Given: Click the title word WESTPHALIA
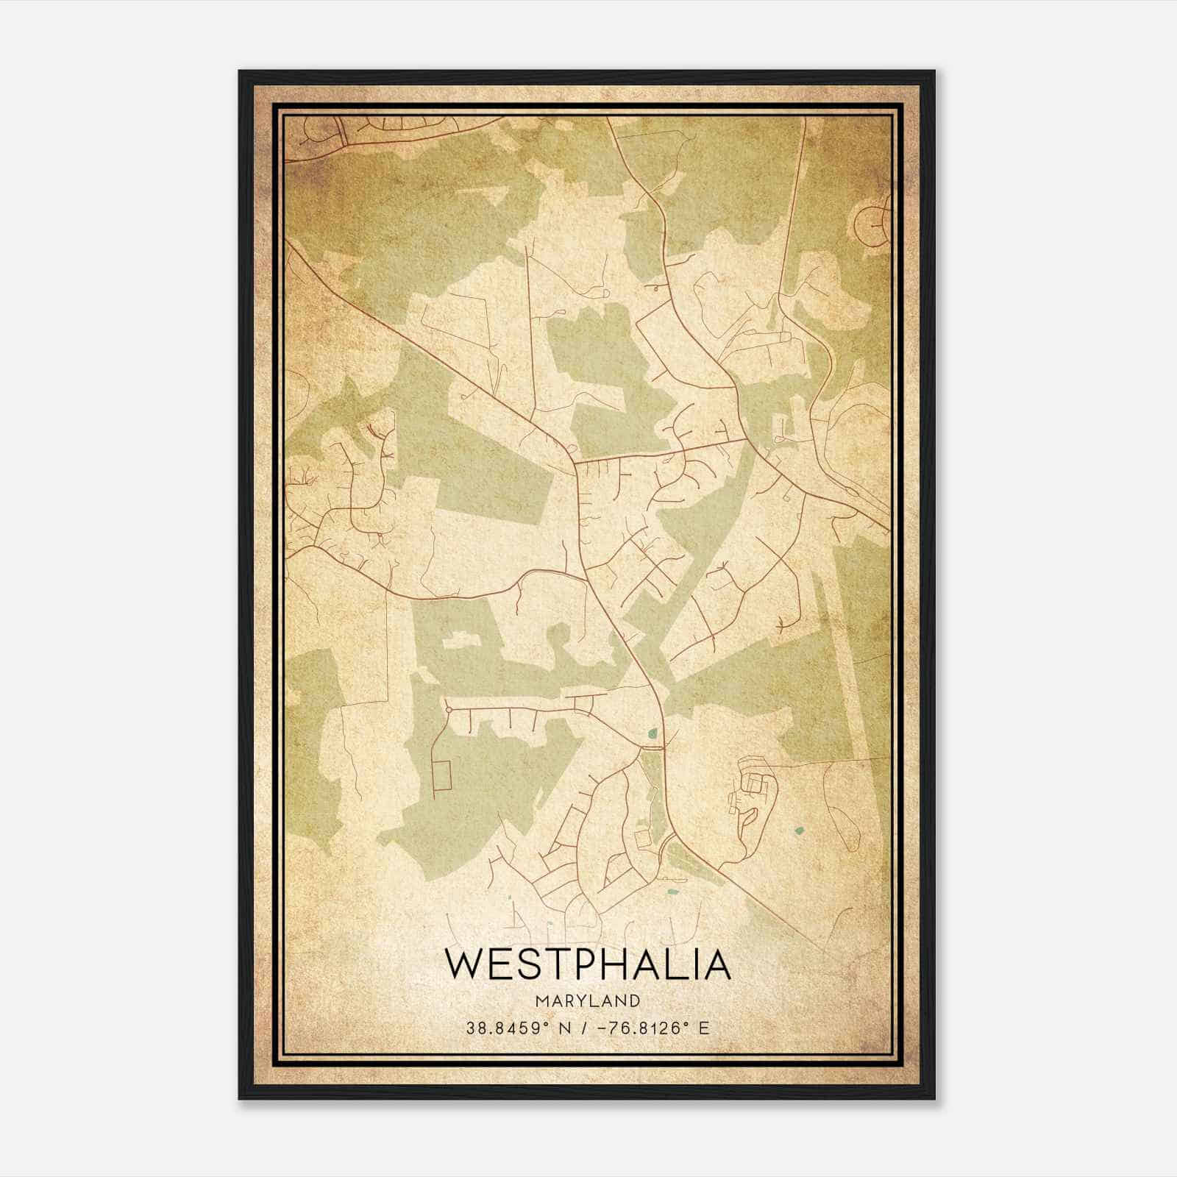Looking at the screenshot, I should point(588,964).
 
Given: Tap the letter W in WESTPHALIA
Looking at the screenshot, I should point(463,964).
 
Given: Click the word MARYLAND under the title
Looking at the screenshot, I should point(588,1001).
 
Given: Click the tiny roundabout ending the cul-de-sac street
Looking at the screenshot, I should point(448,709).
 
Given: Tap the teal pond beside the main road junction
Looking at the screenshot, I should point(652,733).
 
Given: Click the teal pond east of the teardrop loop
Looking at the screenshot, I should point(799,831).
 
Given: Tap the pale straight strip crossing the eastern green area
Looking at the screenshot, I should point(839,662).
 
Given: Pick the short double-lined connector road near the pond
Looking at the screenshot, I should point(652,748).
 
